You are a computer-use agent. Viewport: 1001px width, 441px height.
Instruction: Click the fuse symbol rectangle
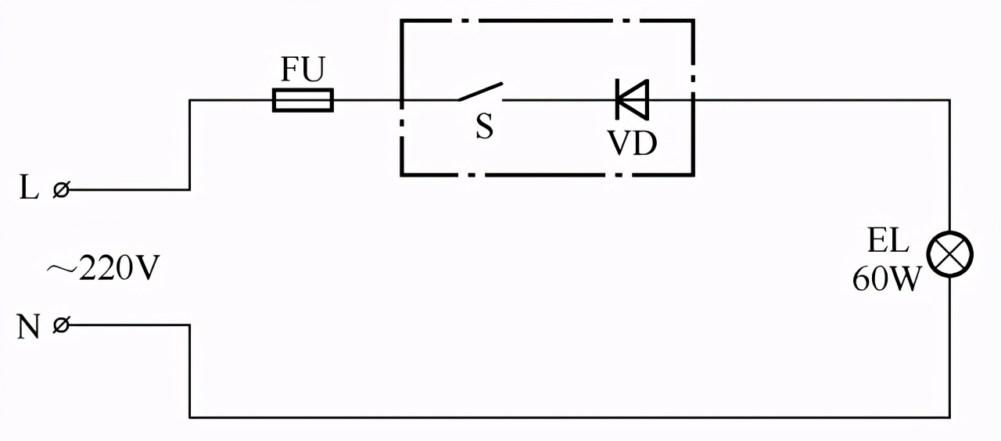click(303, 100)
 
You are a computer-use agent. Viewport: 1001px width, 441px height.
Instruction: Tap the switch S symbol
click(480, 93)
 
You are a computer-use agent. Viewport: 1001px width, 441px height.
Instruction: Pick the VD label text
click(633, 142)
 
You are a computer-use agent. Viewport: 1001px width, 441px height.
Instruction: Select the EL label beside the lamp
click(888, 242)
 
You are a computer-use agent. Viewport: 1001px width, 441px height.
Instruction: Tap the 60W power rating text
click(884, 279)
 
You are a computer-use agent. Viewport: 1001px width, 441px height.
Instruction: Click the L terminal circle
click(60, 189)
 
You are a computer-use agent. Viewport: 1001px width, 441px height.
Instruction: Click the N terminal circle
click(60, 325)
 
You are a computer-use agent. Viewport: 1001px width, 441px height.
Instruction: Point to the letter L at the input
click(29, 189)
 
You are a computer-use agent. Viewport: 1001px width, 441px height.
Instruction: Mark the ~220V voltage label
click(102, 270)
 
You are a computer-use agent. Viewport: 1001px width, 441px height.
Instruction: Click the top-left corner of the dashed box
click(401, 20)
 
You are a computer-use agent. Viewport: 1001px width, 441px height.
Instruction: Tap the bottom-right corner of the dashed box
click(693, 174)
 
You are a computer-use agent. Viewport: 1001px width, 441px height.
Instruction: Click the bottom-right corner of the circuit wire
click(950, 417)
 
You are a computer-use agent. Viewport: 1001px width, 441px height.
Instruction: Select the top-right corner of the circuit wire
click(950, 100)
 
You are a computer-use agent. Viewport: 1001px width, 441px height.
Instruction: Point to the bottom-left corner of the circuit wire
click(189, 417)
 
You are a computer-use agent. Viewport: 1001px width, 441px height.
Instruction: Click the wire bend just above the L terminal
click(189, 100)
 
